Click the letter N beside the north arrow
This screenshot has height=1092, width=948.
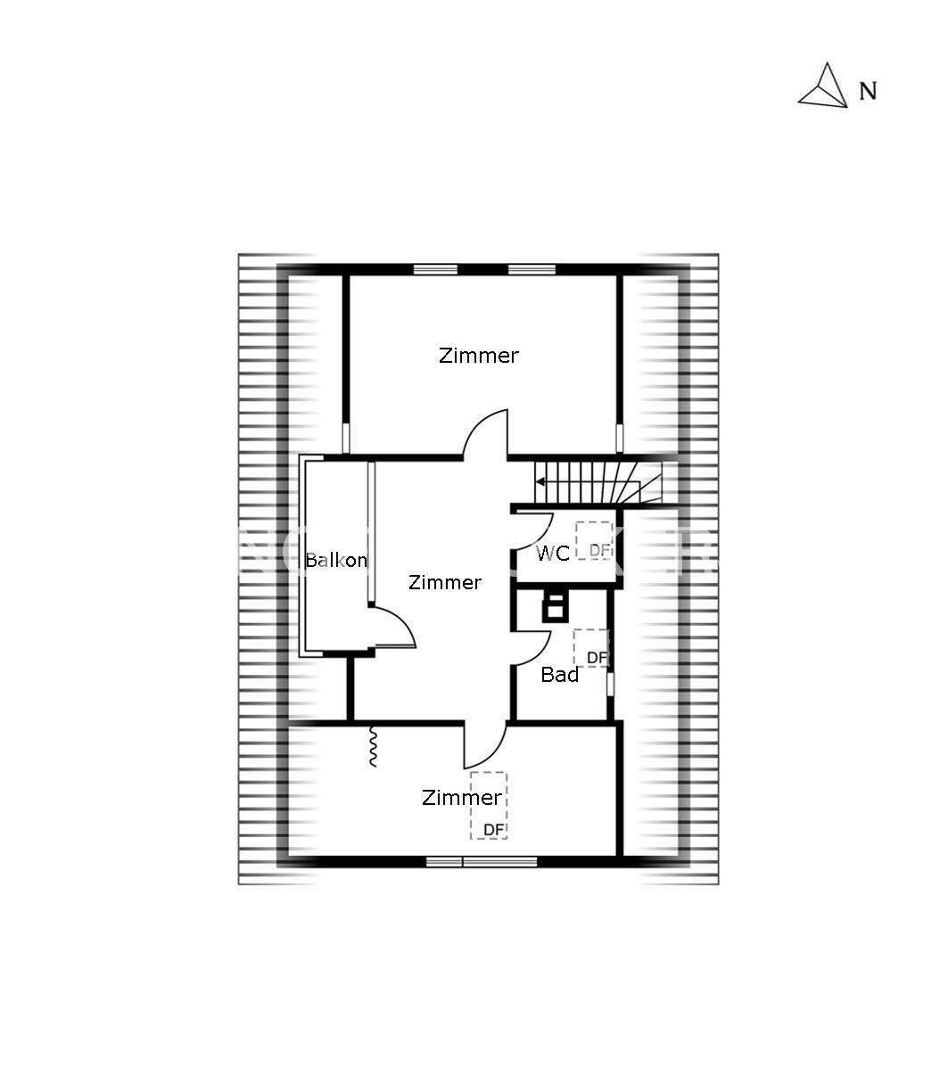click(x=868, y=91)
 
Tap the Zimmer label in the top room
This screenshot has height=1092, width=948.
click(x=478, y=356)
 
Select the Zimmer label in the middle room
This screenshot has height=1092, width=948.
click(x=445, y=583)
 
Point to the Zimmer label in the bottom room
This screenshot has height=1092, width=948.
click(x=461, y=798)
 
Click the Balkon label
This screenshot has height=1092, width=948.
click(x=336, y=560)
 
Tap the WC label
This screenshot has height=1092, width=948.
click(x=553, y=554)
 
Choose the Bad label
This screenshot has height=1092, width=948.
click(x=560, y=675)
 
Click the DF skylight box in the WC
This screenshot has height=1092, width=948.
click(x=593, y=540)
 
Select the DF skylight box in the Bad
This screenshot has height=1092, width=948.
click(x=590, y=648)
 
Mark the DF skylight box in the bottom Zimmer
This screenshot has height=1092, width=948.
click(x=489, y=805)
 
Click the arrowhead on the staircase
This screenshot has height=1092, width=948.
click(x=540, y=481)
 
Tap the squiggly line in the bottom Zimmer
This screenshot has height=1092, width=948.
click(x=374, y=746)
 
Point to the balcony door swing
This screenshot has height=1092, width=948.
click(x=395, y=627)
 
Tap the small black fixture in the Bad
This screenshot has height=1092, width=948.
click(x=555, y=606)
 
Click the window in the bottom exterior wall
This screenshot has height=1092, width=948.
click(x=482, y=861)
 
